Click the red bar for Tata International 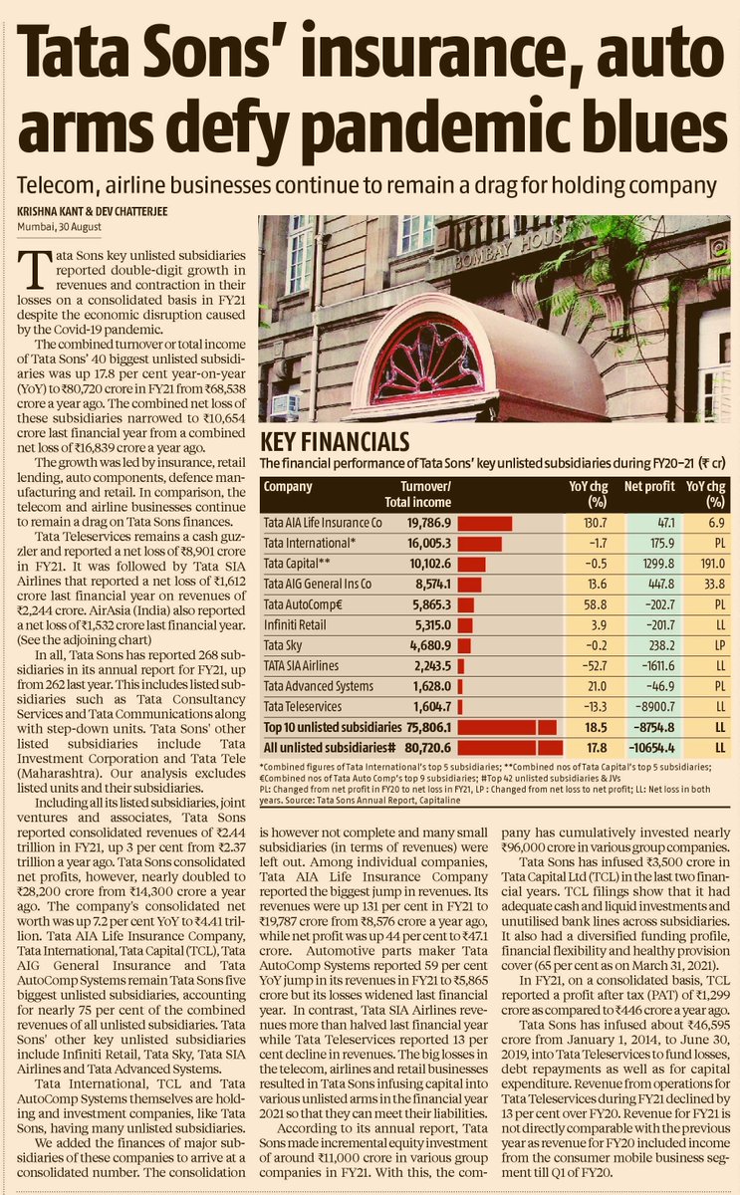tap(476, 543)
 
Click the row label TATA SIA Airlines tap(301, 666)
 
